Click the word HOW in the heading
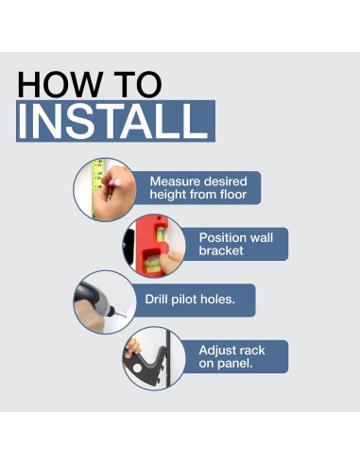(60, 84)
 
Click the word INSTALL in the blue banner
(112, 121)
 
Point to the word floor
(233, 195)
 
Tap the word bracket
(221, 250)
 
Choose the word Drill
(156, 299)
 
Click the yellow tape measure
(97, 189)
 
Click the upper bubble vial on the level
(161, 234)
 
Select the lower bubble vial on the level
(152, 263)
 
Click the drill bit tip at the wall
(125, 316)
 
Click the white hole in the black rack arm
(137, 368)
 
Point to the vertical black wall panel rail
(168, 358)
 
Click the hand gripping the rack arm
(132, 348)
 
